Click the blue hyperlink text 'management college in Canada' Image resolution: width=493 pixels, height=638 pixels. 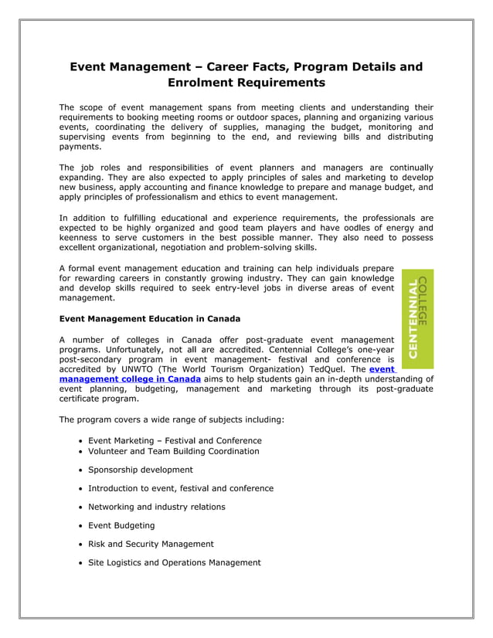130,379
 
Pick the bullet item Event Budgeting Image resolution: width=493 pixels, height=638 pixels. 121,525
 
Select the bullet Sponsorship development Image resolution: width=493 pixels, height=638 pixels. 140,470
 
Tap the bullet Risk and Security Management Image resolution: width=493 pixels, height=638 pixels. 151,544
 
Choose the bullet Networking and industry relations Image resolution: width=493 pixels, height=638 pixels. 156,507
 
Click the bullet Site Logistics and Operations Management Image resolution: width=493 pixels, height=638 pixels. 174,562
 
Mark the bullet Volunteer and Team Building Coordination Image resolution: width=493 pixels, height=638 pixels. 173,451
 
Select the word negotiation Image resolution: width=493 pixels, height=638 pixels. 181,248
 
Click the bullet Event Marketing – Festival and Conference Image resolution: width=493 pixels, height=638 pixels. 174,440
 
